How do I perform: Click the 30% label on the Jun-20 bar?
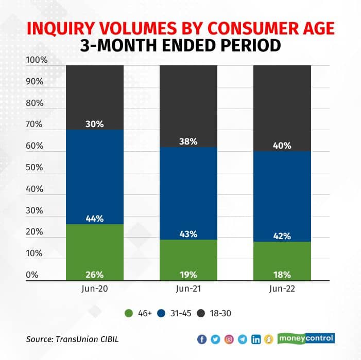(x=95, y=123)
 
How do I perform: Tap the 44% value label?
(x=95, y=219)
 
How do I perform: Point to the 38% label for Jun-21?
(x=188, y=141)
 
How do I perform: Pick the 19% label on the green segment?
(x=188, y=274)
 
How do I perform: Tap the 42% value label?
(x=282, y=237)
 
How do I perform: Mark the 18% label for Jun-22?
(x=282, y=274)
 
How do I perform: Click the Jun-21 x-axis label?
(x=188, y=289)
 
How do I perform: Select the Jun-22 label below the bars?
(x=282, y=289)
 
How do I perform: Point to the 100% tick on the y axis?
(x=37, y=60)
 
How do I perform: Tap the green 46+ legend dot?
(x=128, y=312)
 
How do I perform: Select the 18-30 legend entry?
(x=219, y=312)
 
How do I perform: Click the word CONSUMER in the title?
(x=242, y=28)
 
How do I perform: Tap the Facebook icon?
(x=202, y=339)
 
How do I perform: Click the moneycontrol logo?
(x=306, y=338)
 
